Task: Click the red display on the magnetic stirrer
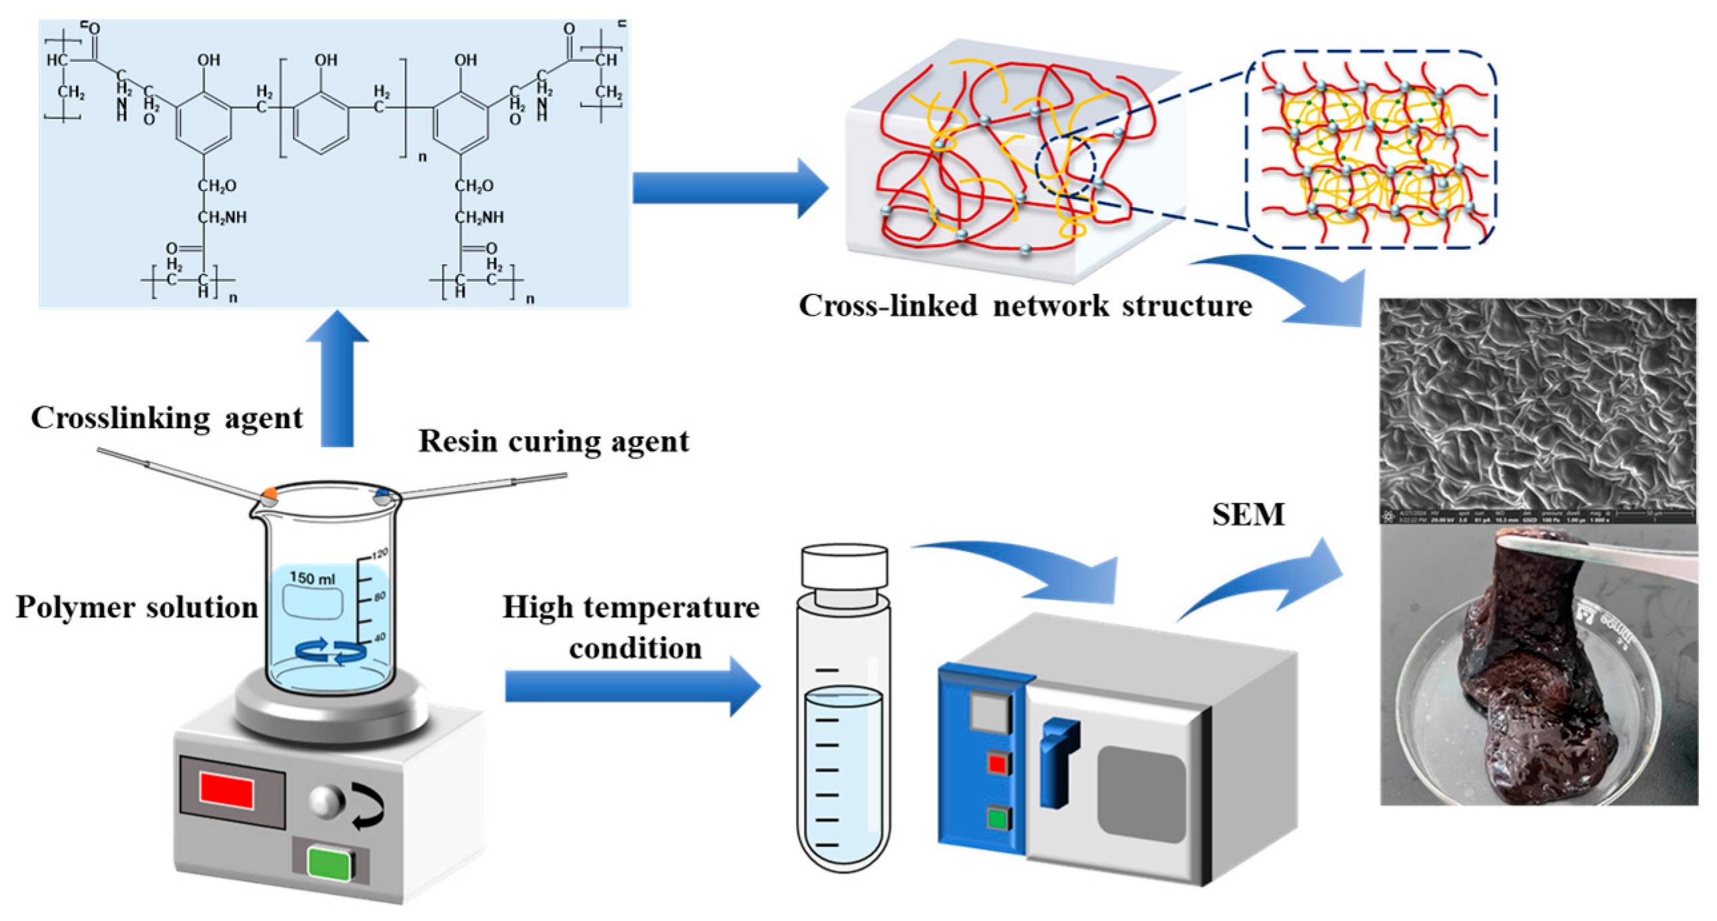[x=227, y=792]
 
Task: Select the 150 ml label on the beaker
[x=313, y=577]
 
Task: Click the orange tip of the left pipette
[x=270, y=493]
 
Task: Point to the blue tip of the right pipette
[x=383, y=494]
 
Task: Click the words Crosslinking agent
[x=166, y=419]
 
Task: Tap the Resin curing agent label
[x=553, y=442]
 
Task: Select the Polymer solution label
[x=136, y=607]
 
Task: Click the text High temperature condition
[x=631, y=627]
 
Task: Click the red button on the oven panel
[x=996, y=763]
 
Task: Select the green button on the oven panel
[x=996, y=818]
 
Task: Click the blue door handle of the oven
[x=1057, y=761]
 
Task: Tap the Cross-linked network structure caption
[x=1025, y=306]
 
